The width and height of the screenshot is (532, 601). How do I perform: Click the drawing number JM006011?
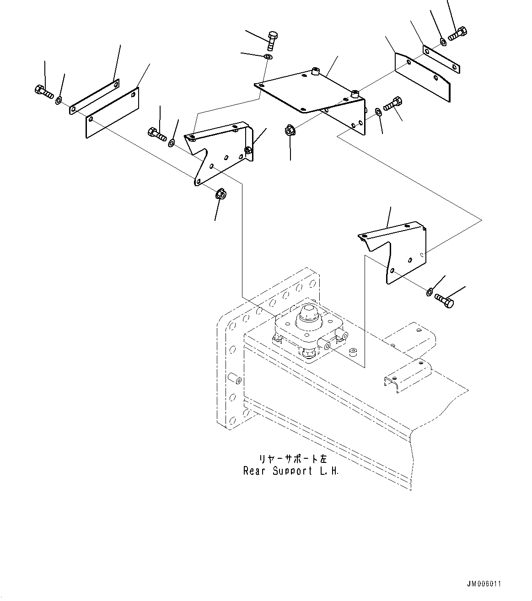(x=484, y=584)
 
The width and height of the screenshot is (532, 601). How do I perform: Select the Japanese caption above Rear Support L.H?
(x=290, y=458)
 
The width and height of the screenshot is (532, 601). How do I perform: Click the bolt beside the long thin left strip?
(x=43, y=92)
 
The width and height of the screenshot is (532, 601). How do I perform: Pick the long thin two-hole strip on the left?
(x=94, y=97)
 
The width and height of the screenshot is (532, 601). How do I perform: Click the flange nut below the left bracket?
(x=220, y=194)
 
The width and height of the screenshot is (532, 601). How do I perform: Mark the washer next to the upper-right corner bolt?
(x=443, y=42)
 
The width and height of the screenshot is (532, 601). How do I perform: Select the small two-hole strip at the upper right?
(x=441, y=59)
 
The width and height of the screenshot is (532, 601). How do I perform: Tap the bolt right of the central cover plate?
(x=393, y=103)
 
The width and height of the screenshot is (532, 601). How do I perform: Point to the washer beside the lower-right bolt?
(x=430, y=291)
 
